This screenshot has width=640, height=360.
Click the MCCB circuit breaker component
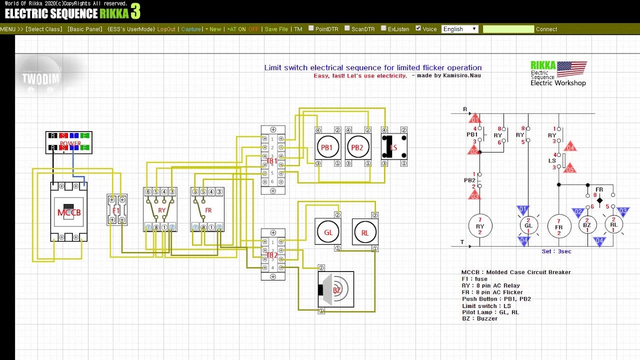click(x=69, y=212)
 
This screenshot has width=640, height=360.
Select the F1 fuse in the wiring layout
click(x=116, y=210)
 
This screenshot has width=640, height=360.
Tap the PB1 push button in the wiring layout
click(x=327, y=147)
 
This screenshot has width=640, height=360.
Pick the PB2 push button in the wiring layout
click(x=357, y=147)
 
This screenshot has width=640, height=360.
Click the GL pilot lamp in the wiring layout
click(x=328, y=232)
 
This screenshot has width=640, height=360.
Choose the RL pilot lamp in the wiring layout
click(x=365, y=232)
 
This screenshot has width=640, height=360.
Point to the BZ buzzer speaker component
click(x=336, y=290)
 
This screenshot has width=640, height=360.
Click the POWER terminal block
click(x=69, y=142)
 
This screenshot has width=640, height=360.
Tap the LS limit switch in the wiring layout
click(x=394, y=147)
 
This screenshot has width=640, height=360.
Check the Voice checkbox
click(x=418, y=28)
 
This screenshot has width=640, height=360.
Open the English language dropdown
click(x=460, y=29)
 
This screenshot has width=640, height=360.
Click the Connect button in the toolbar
click(x=546, y=29)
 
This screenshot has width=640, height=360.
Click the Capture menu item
click(x=191, y=29)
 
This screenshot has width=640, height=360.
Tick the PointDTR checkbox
click(x=311, y=28)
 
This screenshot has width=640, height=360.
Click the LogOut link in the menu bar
click(x=166, y=29)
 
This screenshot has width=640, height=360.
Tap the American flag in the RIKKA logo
click(x=571, y=68)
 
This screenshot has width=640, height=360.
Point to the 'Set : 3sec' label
click(x=556, y=251)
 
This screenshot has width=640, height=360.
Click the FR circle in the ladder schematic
click(x=558, y=226)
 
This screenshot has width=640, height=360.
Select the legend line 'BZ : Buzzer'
click(x=479, y=318)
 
